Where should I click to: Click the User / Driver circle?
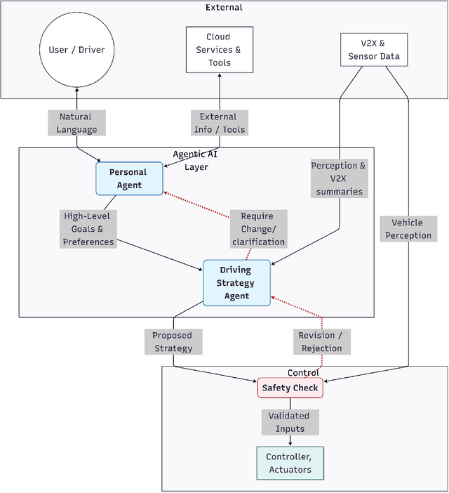coord(76,50)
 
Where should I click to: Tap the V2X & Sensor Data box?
coord(373,50)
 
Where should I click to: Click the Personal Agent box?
coord(129,178)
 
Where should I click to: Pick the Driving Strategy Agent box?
coord(236,283)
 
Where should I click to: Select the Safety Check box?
coord(290,388)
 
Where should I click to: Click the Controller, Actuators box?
coord(290,464)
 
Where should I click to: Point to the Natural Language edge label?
coord(78,123)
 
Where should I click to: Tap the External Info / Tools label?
coord(218,123)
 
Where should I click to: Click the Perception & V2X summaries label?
coord(339,178)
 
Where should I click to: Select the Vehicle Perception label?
coord(408,229)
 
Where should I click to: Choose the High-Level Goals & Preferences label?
coord(88,229)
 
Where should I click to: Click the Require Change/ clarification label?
coord(257,229)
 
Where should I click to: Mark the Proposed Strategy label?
coord(173,341)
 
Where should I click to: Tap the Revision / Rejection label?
coord(321,341)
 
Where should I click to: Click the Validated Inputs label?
coord(290,422)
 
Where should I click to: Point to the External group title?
coord(224,7)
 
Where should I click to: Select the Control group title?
coord(304,372)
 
